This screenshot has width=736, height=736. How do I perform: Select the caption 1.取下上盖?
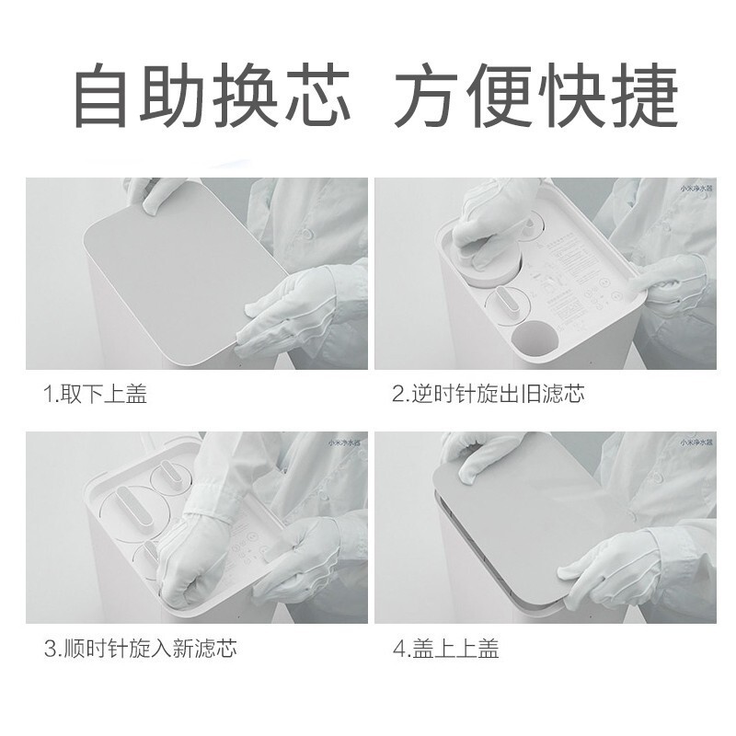tap(96, 396)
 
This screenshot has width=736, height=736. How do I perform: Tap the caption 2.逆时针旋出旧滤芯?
tap(488, 396)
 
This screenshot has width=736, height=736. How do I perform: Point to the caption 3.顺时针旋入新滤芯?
tap(140, 649)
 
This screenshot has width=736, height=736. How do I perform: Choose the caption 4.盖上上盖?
tap(445, 649)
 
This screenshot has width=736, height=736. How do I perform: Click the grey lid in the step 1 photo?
tap(175, 276)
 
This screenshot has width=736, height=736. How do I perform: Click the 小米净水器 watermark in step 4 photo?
tap(695, 443)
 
